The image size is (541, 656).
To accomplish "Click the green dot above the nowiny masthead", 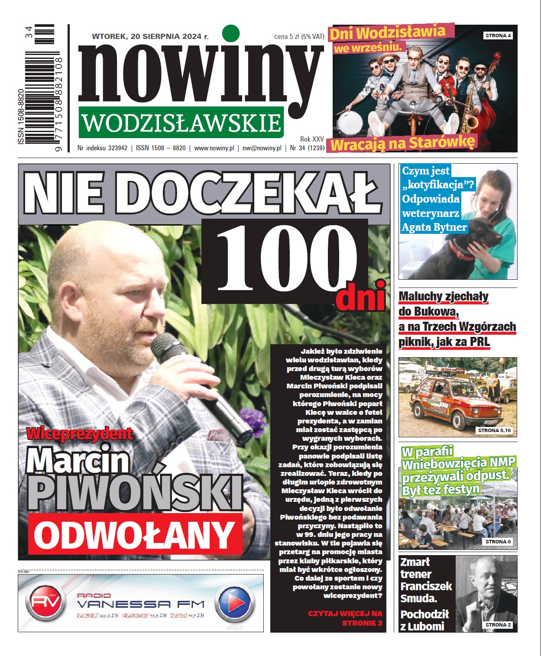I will point(230,33).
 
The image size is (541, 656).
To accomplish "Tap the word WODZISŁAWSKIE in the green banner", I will point(181,123).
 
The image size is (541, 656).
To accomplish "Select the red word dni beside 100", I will point(361,296).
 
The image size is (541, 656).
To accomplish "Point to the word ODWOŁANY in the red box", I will point(135,534).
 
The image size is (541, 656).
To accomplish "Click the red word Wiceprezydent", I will point(80,433).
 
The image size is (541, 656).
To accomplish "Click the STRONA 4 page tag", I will point(498,36).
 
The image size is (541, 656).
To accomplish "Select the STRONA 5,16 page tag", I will point(495,430).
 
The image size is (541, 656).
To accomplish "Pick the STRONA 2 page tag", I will point(498,625).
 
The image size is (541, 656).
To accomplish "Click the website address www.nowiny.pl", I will point(214,148).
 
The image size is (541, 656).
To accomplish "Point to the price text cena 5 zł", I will point(287,37).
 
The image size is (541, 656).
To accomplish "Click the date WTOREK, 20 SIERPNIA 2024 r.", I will point(150,36).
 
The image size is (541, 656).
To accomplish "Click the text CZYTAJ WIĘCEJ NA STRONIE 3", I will point(345,618).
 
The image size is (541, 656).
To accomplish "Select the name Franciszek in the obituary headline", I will point(426,586).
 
